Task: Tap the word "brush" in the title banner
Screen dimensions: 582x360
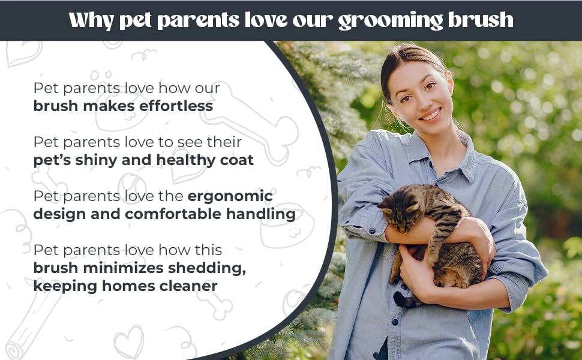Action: (x=481, y=19)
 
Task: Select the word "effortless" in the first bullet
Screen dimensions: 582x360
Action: (x=176, y=106)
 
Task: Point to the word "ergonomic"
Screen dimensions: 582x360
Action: (x=230, y=197)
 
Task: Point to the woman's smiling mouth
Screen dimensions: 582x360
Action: (x=431, y=115)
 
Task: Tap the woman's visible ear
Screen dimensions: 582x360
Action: (x=450, y=83)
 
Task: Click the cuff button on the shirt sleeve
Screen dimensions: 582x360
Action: (x=373, y=231)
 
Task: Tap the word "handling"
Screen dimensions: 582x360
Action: (x=261, y=215)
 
